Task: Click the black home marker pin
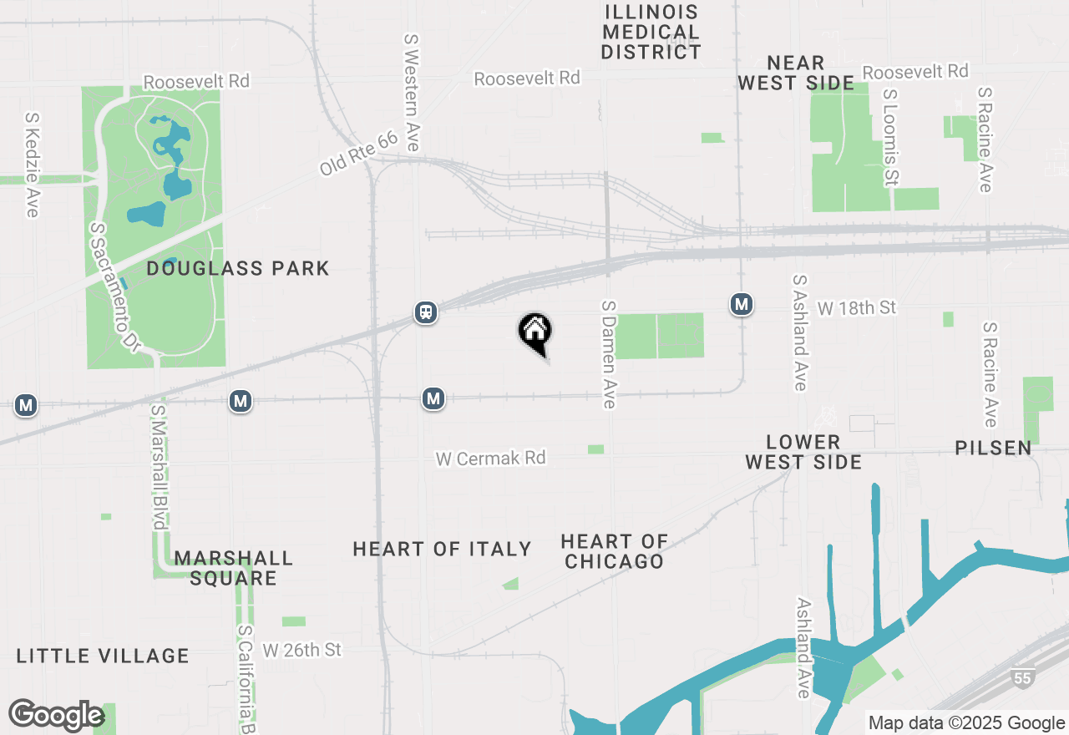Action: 534,332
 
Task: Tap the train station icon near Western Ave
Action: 426,313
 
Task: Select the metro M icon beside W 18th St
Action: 741,304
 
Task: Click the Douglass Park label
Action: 238,268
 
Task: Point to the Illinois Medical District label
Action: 651,32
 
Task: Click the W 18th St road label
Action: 856,308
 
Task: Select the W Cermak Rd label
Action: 490,458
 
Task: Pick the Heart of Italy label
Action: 442,549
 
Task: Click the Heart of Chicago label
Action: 614,551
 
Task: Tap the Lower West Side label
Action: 803,451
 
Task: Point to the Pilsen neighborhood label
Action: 994,448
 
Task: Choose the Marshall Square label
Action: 233,568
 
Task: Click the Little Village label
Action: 103,656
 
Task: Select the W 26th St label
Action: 301,649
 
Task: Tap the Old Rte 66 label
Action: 359,154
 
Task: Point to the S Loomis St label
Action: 890,138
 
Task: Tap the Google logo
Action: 56,715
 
